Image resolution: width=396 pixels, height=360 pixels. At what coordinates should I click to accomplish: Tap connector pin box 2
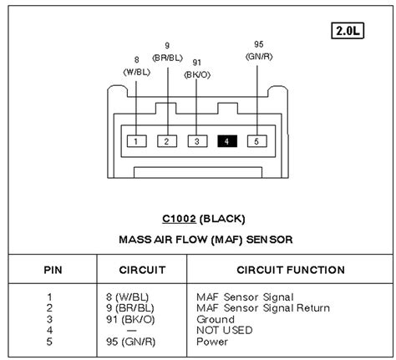[x=166, y=141]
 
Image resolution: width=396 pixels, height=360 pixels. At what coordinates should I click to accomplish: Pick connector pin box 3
[x=196, y=141]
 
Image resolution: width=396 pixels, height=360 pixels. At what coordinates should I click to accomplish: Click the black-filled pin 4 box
[x=227, y=141]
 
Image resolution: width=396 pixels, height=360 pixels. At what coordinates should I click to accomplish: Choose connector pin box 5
[x=257, y=141]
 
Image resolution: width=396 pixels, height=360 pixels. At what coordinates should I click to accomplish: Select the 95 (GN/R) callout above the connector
[x=259, y=49]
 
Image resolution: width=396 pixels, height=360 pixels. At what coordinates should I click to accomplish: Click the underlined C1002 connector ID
[x=180, y=220]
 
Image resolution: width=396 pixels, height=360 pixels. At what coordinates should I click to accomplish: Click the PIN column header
[x=53, y=270]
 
